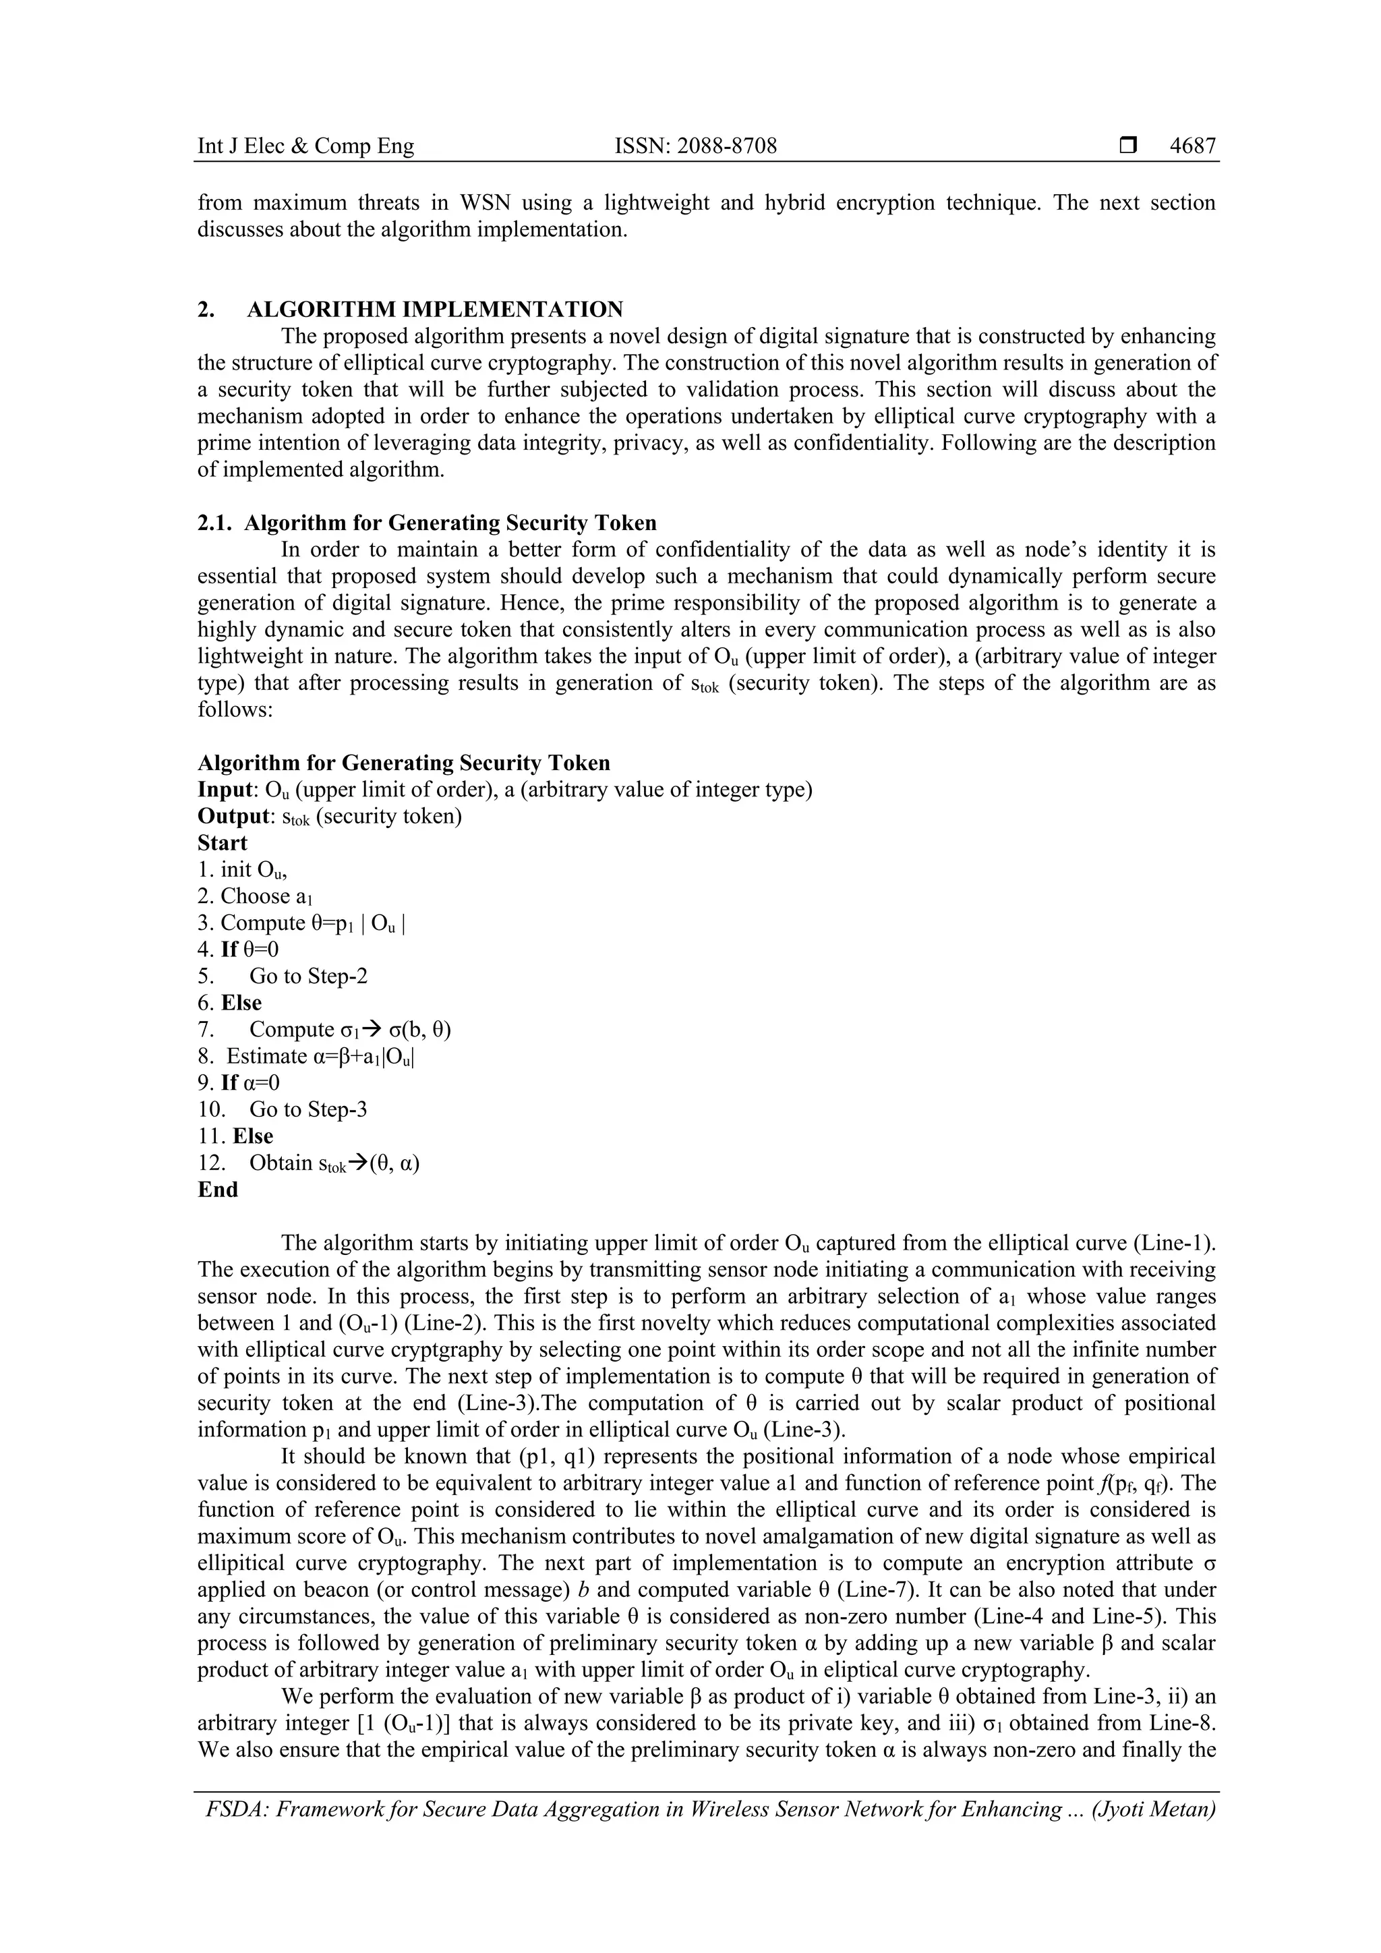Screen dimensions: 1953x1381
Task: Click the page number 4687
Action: pyautogui.click(x=1192, y=146)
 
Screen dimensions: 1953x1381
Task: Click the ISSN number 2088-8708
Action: pyautogui.click(x=696, y=146)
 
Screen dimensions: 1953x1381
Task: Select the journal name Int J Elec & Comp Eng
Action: pyautogui.click(x=305, y=146)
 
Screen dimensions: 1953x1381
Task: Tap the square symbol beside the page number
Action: pyautogui.click(x=1128, y=146)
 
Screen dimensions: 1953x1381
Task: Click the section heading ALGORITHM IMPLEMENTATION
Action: pyautogui.click(x=434, y=309)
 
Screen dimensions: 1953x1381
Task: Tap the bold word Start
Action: pyautogui.click(x=222, y=843)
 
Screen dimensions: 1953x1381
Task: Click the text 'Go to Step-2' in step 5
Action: pyautogui.click(x=308, y=976)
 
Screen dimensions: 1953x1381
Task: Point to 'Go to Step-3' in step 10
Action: pyautogui.click(x=308, y=1109)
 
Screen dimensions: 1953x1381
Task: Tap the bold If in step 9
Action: pyautogui.click(x=229, y=1083)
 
